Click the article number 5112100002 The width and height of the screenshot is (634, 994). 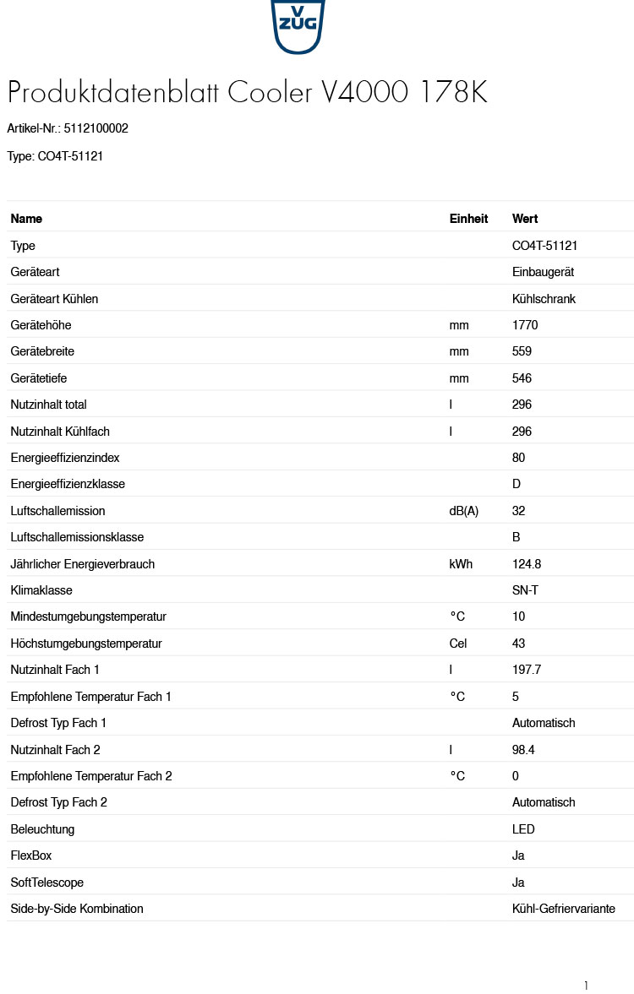pyautogui.click(x=96, y=128)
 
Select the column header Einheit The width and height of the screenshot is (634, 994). pyautogui.click(x=468, y=219)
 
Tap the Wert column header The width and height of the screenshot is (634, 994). pyautogui.click(x=525, y=219)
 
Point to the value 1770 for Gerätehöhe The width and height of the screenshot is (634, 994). pyautogui.click(x=525, y=325)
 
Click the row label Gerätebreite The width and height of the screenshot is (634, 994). pyautogui.click(x=43, y=351)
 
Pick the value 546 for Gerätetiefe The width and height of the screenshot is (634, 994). pyautogui.click(x=522, y=378)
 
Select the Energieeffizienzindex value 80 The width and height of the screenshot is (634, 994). pyautogui.click(x=518, y=458)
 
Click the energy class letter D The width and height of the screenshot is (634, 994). pyautogui.click(x=516, y=484)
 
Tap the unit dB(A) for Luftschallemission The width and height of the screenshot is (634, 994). pyautogui.click(x=463, y=511)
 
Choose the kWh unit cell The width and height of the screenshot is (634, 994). pyautogui.click(x=461, y=564)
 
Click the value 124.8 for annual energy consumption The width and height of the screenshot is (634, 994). pyautogui.click(x=527, y=564)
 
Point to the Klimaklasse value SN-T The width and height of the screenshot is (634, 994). pyautogui.click(x=525, y=590)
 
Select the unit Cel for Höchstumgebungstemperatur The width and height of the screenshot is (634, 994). pyautogui.click(x=458, y=644)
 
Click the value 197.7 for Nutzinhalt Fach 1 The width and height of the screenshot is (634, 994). pyautogui.click(x=527, y=670)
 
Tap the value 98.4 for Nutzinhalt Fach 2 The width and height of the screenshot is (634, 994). pyautogui.click(x=523, y=750)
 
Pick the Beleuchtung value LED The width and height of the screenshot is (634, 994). pyautogui.click(x=523, y=829)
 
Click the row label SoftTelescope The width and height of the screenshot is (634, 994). pyautogui.click(x=46, y=883)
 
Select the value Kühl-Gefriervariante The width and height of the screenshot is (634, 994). pyautogui.click(x=563, y=909)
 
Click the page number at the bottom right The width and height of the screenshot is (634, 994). pyautogui.click(x=586, y=985)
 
